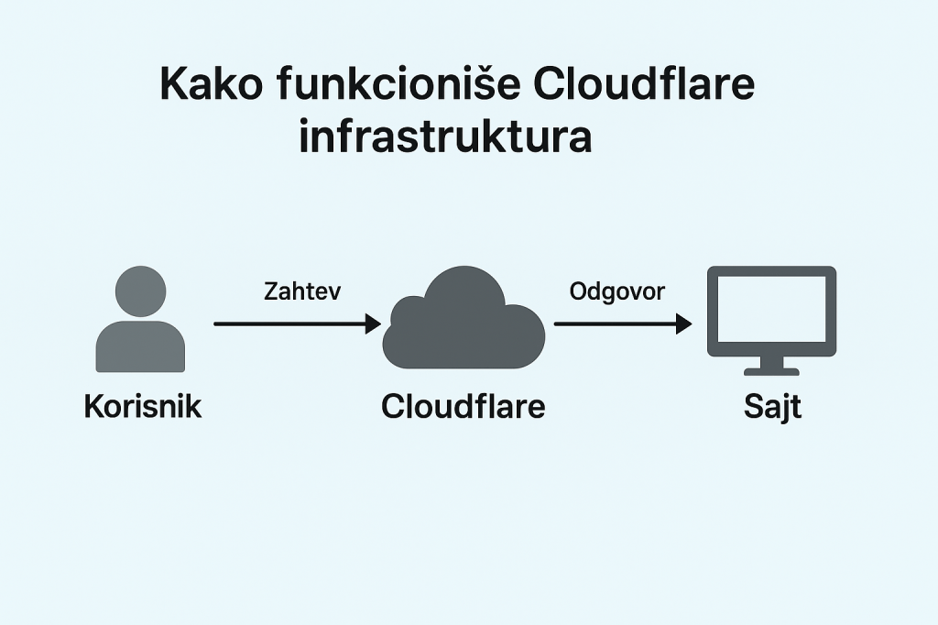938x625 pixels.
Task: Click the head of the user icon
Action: (140, 291)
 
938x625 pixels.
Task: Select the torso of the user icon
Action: (140, 347)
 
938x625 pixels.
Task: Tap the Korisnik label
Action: (142, 406)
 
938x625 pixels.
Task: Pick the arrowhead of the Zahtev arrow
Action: (373, 323)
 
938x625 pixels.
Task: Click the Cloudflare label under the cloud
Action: (463, 406)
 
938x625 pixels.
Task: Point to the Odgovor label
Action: (617, 291)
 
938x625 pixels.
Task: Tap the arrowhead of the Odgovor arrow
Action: (683, 323)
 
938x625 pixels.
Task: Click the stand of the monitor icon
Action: (771, 367)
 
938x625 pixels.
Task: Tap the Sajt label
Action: (772, 407)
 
